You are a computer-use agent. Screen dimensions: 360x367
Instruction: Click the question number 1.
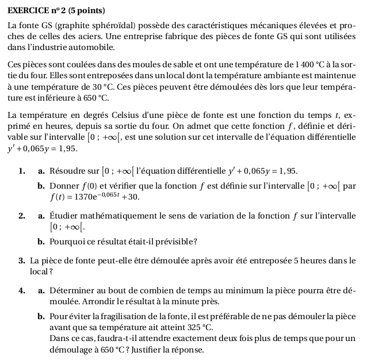click(21, 171)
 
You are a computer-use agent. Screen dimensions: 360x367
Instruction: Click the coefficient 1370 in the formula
click(83, 197)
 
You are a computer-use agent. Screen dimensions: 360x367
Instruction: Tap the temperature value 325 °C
click(196, 328)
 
